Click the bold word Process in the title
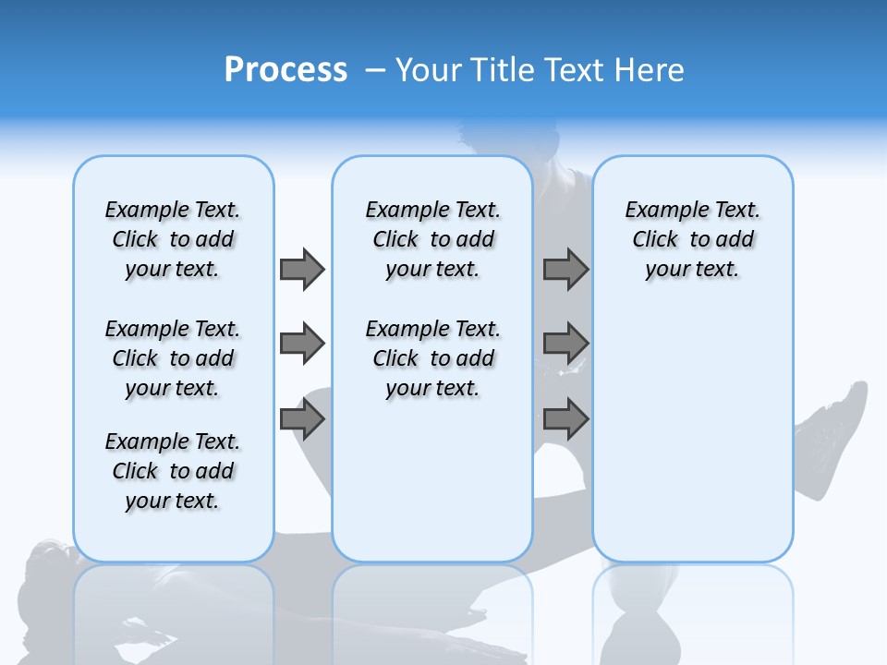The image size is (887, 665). coord(286,70)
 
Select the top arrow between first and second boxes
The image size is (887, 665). coord(302,269)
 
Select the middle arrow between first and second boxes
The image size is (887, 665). coord(302,344)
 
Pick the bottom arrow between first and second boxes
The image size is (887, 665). coord(302,419)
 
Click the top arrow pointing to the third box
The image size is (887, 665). coord(565,269)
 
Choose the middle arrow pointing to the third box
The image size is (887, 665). coord(565,344)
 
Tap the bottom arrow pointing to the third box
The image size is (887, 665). coord(565,419)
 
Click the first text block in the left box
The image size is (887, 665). coord(173,239)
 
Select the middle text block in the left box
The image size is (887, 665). coord(173,358)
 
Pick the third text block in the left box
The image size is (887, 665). coord(173,471)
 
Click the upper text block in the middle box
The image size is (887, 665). coord(432,239)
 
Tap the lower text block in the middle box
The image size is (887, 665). coord(432,358)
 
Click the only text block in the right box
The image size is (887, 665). coord(692,239)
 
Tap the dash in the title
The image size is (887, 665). coord(375,70)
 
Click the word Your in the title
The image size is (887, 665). coord(430,70)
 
